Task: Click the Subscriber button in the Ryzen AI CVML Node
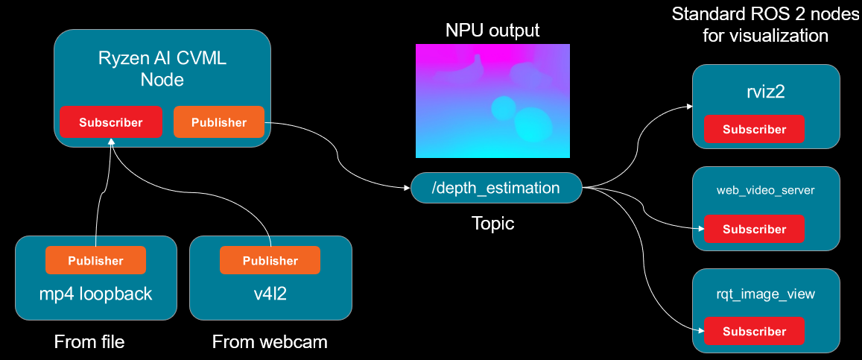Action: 110,122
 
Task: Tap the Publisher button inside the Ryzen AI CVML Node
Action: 219,122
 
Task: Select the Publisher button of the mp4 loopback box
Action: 95,260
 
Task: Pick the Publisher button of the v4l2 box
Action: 270,260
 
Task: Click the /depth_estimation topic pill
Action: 495,188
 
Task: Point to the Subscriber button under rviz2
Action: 754,129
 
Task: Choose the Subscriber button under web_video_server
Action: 754,229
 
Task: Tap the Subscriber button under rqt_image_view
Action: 754,331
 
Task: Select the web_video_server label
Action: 766,190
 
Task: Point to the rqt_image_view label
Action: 766,294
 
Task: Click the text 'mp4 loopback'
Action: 95,294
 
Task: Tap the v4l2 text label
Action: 270,294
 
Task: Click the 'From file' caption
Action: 89,342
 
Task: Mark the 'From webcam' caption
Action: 270,342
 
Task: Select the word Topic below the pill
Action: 492,224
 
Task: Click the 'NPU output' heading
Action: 492,31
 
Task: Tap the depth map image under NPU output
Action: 492,101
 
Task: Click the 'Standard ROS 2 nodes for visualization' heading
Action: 765,25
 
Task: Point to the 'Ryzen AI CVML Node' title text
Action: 162,69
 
